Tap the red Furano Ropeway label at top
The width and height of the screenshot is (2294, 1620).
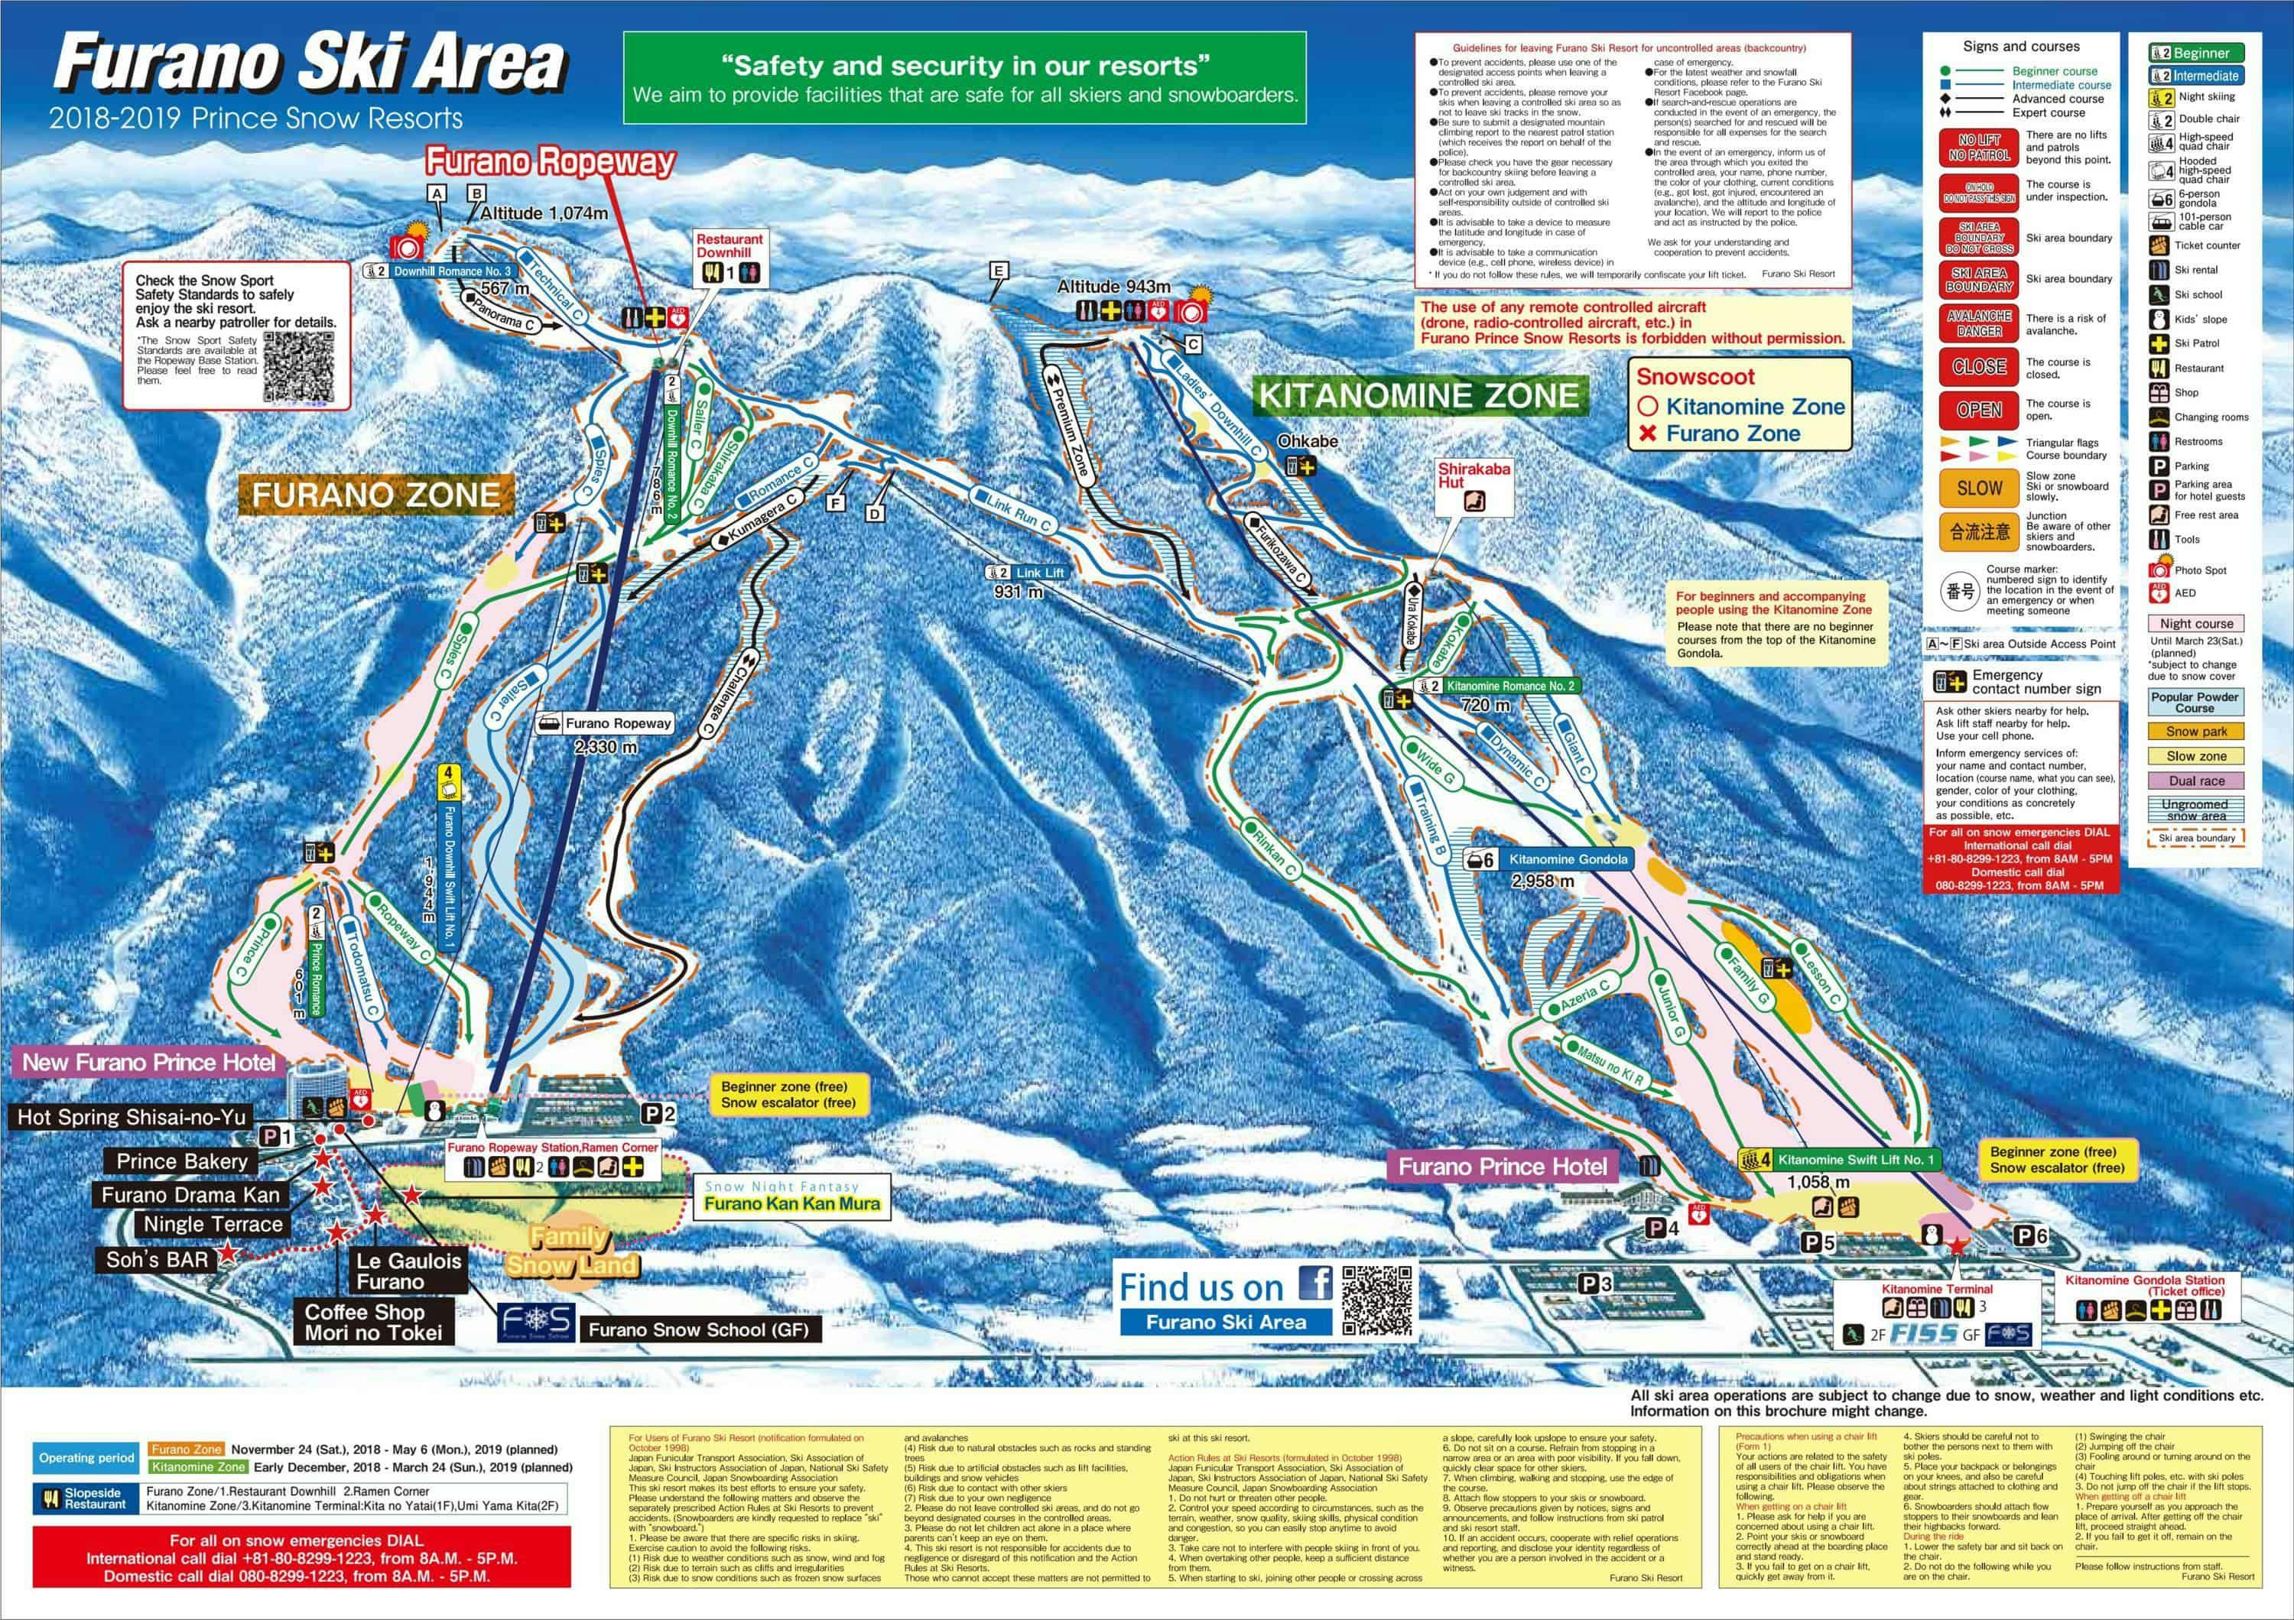click(x=551, y=162)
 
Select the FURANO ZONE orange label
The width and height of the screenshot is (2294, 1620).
click(x=375, y=495)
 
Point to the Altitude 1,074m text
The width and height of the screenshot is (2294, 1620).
click(x=544, y=213)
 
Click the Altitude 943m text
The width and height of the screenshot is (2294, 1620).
click(x=1113, y=287)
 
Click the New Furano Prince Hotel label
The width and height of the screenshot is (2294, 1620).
click(x=148, y=1062)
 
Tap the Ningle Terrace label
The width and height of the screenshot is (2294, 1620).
click(x=213, y=1225)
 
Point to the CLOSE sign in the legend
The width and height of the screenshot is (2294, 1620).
click(x=1979, y=366)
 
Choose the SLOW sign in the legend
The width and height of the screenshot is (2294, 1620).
click(x=1979, y=488)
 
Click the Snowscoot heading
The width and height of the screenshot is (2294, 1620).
click(x=1695, y=377)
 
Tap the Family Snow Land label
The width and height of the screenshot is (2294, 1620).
click(x=570, y=1252)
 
